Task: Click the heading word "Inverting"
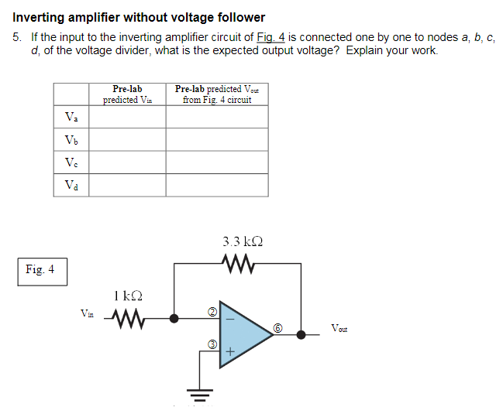(x=37, y=17)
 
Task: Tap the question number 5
(x=17, y=37)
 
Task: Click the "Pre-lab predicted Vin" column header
(x=126, y=94)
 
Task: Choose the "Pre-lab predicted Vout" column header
(x=217, y=94)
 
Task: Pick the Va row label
(x=71, y=117)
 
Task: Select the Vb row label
(x=71, y=139)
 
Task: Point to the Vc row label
(x=71, y=163)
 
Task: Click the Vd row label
(x=71, y=185)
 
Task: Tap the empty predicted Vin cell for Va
(x=126, y=117)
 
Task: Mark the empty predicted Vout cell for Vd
(x=217, y=185)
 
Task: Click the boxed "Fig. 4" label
(x=40, y=270)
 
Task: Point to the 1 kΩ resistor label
(x=126, y=296)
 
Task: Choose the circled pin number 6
(x=277, y=329)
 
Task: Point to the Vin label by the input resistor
(x=88, y=313)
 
